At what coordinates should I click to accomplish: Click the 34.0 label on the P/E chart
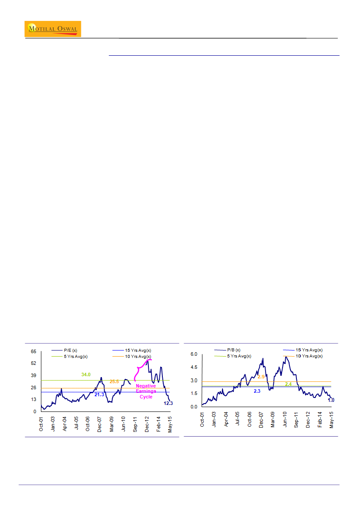(x=86, y=374)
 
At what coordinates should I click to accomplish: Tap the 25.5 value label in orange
(x=114, y=381)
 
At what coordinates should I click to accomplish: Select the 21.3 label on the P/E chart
(x=99, y=394)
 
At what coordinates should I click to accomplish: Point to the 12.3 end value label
(x=168, y=404)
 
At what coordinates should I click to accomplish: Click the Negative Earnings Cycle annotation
(x=146, y=391)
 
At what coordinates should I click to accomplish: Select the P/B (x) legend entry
(x=231, y=350)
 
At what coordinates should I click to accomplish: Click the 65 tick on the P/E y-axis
(x=34, y=351)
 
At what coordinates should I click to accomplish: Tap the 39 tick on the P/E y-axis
(x=34, y=375)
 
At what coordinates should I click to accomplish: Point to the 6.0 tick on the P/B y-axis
(x=195, y=354)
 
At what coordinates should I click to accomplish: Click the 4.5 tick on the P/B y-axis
(x=195, y=367)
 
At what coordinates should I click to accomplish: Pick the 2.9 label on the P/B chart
(x=262, y=377)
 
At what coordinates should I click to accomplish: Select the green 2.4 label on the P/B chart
(x=288, y=384)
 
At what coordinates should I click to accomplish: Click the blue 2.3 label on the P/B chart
(x=257, y=391)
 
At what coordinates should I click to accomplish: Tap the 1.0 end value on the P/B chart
(x=331, y=400)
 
